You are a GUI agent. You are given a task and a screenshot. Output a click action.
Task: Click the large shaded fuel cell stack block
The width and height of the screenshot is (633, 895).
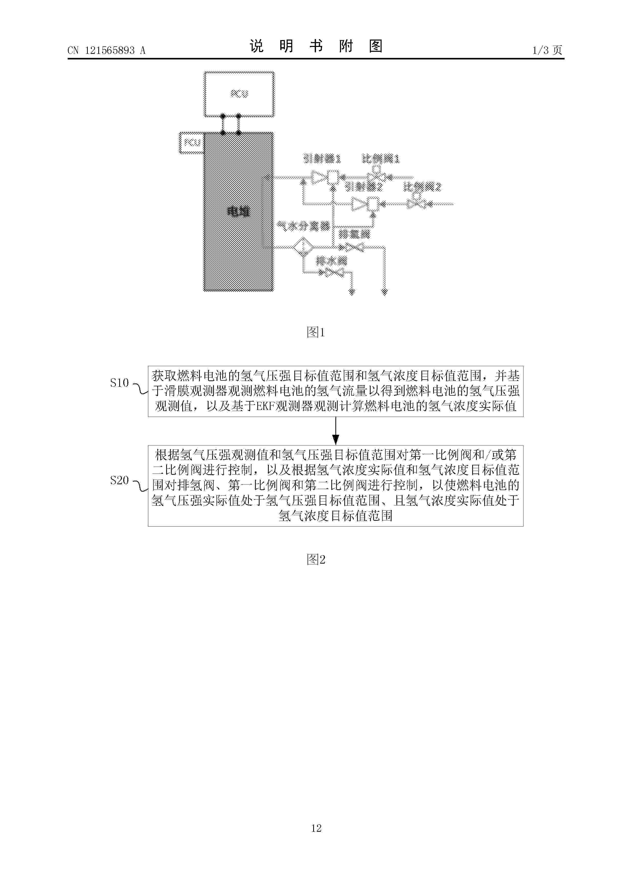click(238, 212)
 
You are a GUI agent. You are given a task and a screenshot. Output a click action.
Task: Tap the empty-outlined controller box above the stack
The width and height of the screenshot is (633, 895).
click(239, 94)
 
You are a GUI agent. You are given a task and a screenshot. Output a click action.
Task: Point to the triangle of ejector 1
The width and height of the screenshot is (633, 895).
click(318, 178)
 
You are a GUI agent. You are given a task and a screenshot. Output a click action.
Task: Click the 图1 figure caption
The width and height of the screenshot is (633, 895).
click(316, 332)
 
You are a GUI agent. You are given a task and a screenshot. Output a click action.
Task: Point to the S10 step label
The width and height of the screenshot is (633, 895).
click(119, 383)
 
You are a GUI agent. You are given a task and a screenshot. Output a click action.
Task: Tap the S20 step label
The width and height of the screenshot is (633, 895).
click(119, 480)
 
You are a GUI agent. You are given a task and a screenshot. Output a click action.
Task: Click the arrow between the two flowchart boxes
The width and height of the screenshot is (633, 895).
click(335, 431)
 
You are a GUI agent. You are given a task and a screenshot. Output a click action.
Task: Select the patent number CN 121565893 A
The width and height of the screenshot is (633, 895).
click(106, 50)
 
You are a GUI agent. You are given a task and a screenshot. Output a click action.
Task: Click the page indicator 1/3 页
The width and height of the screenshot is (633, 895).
click(547, 50)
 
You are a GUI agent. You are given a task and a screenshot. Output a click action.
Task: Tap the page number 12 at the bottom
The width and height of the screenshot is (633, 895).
click(316, 828)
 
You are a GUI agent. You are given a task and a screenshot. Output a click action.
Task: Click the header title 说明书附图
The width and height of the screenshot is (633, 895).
click(316, 46)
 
